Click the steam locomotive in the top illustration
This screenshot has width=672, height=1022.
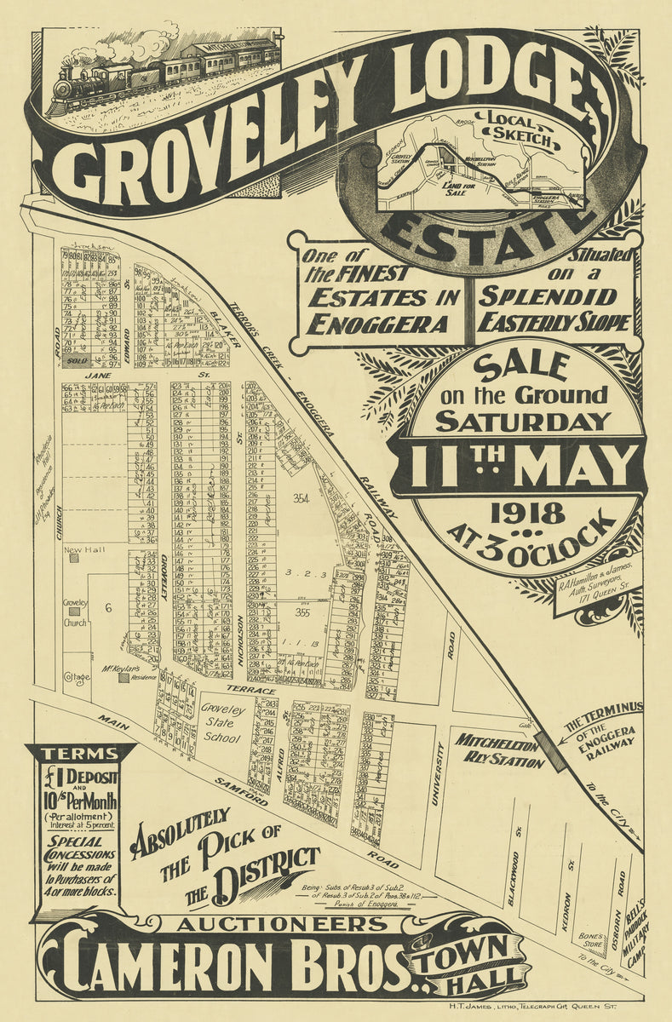(x=82, y=85)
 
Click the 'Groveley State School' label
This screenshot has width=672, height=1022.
(x=222, y=723)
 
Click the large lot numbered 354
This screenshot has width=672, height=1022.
(x=300, y=497)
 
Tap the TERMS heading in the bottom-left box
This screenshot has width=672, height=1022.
(x=79, y=754)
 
